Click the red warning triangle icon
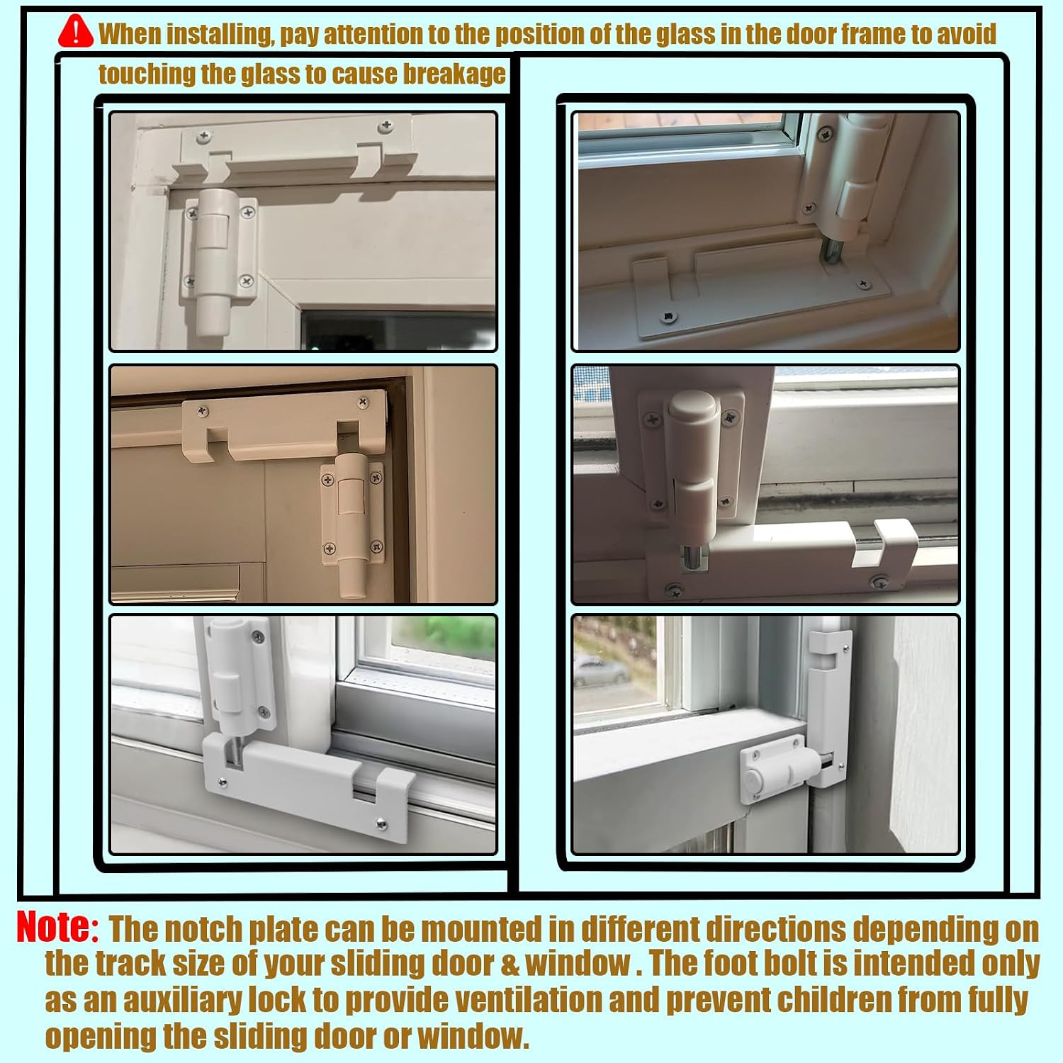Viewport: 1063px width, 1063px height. [x=75, y=31]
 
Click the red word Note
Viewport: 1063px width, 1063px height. [x=57, y=927]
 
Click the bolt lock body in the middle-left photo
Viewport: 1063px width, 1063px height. [x=351, y=524]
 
